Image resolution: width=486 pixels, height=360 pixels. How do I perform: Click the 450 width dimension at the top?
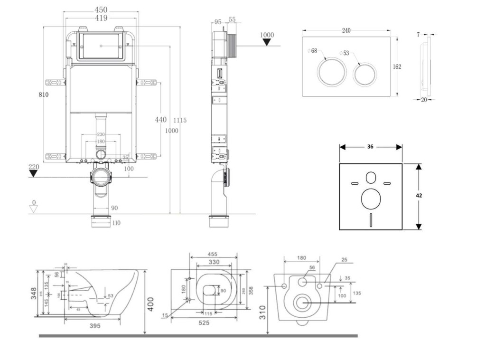point(101,9)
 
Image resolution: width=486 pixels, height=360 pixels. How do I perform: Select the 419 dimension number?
point(101,18)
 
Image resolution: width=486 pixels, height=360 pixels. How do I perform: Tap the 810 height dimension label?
point(44,95)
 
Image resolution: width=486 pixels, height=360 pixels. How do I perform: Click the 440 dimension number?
point(161,120)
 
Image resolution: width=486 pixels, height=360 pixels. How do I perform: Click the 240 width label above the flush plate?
point(346,30)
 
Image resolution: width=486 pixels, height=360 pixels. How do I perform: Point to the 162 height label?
point(397,66)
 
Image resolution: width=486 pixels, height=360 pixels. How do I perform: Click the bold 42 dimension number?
point(419,195)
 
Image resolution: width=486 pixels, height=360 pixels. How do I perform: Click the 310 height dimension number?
point(262,312)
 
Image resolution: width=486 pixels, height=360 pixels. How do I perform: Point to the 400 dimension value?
point(150,303)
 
